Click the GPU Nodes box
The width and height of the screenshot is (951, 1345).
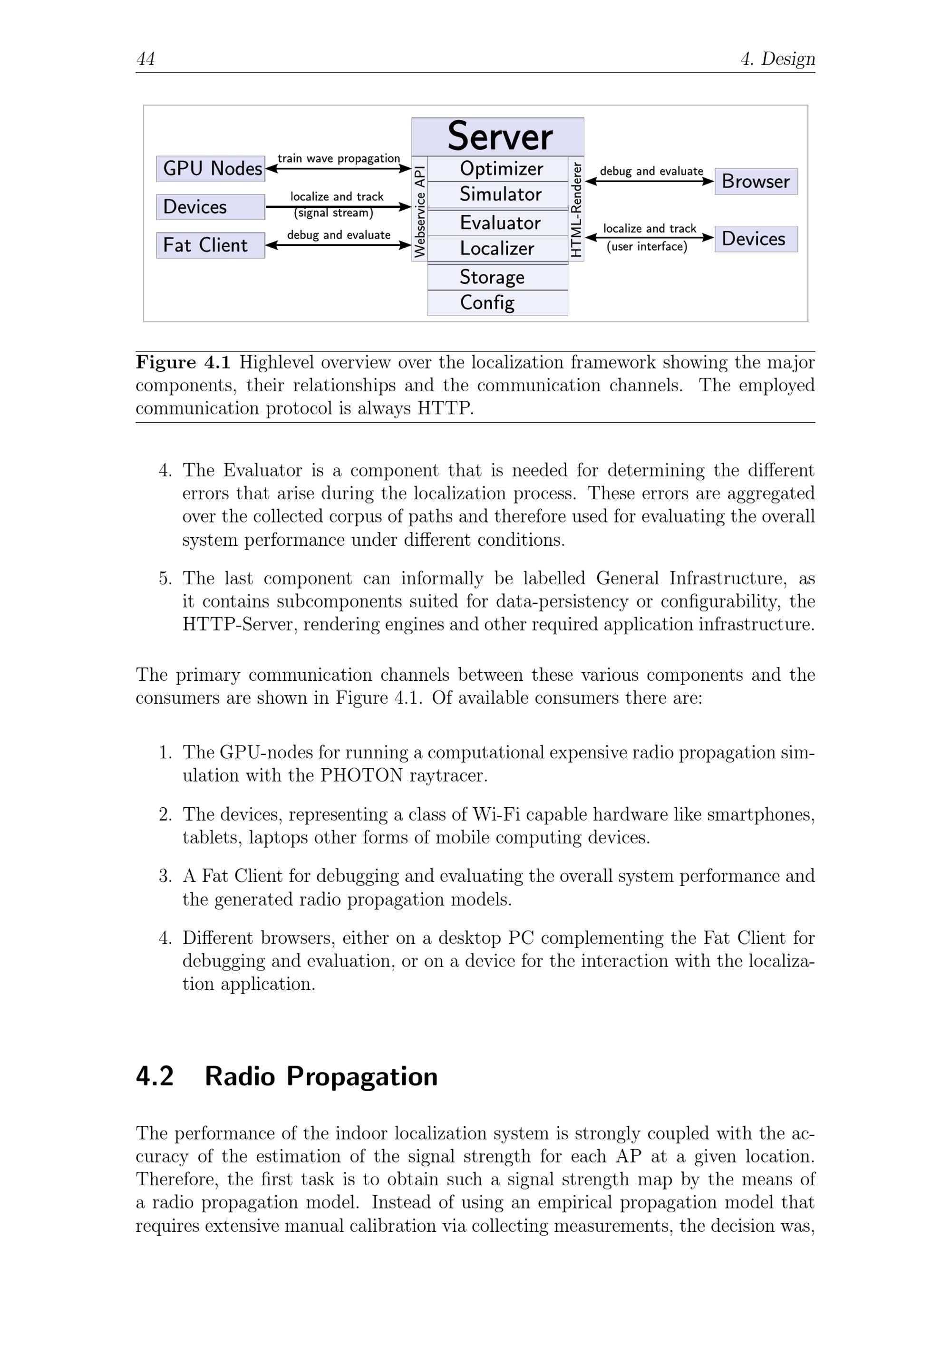pos(210,169)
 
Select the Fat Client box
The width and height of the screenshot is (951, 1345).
pos(210,245)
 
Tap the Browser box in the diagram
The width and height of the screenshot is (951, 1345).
pos(756,181)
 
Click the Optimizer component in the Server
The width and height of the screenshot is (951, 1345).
pos(497,169)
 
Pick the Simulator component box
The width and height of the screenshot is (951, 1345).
pos(497,194)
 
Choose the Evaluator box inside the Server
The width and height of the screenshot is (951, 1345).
pos(497,223)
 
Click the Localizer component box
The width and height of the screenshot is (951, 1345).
pos(497,248)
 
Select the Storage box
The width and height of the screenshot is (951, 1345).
pos(497,277)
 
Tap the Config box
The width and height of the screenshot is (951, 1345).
pos(497,302)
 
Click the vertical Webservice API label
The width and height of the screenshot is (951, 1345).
pos(419,210)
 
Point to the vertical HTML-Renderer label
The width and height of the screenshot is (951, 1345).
pos(576,210)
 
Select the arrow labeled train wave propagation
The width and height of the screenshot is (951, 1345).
pos(338,169)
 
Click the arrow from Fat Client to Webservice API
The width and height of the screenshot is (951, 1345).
pos(338,245)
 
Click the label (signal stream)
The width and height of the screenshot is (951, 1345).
pos(333,213)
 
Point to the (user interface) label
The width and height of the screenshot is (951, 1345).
pos(647,247)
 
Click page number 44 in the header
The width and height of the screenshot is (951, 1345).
pos(146,58)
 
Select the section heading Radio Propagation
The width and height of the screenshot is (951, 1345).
pos(321,1077)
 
